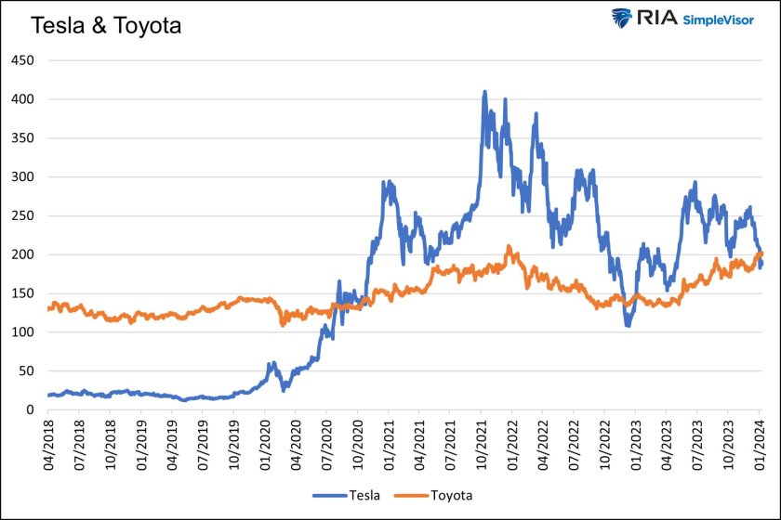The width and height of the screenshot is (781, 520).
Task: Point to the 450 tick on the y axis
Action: click(22, 60)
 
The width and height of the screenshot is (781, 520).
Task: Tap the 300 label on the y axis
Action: click(22, 176)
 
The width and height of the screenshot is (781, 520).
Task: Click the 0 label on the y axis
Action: click(30, 409)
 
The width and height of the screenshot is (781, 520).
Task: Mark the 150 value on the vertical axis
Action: click(22, 293)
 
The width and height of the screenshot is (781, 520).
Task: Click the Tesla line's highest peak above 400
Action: click(484, 93)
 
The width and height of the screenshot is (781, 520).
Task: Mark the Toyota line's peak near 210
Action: click(509, 247)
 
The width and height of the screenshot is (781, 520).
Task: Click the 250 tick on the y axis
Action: click(22, 215)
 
